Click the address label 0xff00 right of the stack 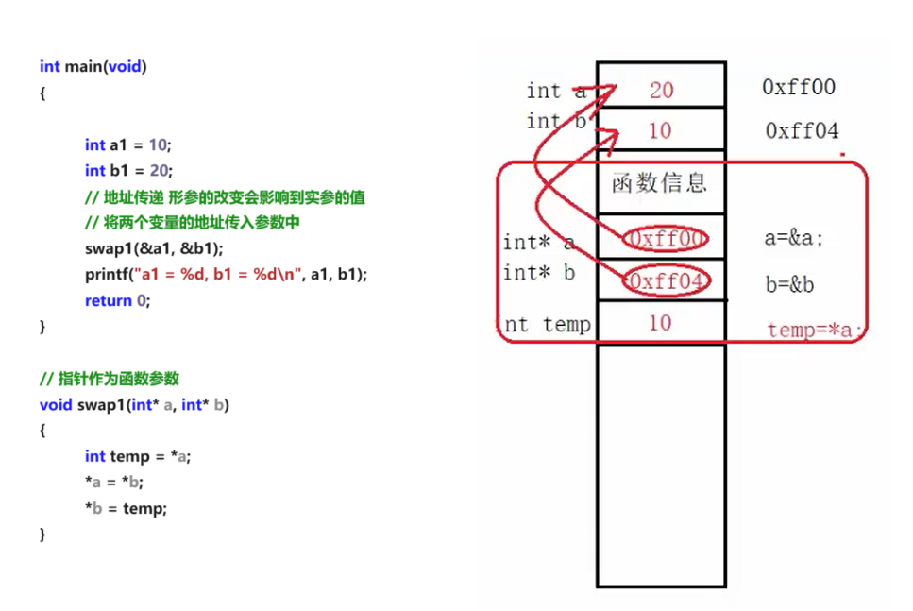[x=799, y=88]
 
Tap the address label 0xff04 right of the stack [x=802, y=131]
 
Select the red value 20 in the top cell [x=661, y=90]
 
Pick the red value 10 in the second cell [x=660, y=130]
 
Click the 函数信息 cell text [x=659, y=182]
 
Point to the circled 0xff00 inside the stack [x=666, y=239]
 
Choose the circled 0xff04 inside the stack [x=666, y=281]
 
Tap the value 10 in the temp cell [x=660, y=323]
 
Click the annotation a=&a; [x=793, y=239]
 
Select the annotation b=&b [x=789, y=284]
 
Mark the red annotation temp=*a [x=814, y=330]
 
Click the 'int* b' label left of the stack [x=538, y=273]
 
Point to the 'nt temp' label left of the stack [x=547, y=325]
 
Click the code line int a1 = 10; [x=128, y=144]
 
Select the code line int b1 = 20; [x=128, y=171]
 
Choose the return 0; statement [x=117, y=300]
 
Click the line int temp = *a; [x=138, y=456]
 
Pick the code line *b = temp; [x=126, y=508]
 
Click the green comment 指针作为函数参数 [x=110, y=379]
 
